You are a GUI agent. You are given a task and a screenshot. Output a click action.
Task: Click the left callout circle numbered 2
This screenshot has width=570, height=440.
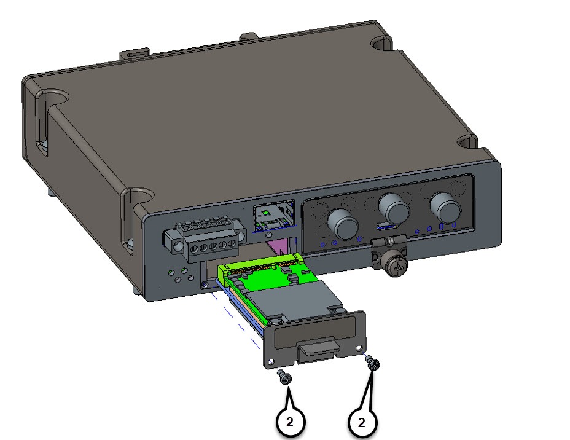click(x=290, y=422)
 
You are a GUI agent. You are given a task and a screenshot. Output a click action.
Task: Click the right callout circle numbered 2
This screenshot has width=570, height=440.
click(x=362, y=422)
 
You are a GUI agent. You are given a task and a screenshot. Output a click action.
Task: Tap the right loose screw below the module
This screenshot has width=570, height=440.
click(x=372, y=364)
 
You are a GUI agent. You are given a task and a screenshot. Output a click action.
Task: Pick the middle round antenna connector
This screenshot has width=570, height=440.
click(x=393, y=208)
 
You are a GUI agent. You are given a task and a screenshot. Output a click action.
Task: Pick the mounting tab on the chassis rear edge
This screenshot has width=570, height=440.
click(x=135, y=53)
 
